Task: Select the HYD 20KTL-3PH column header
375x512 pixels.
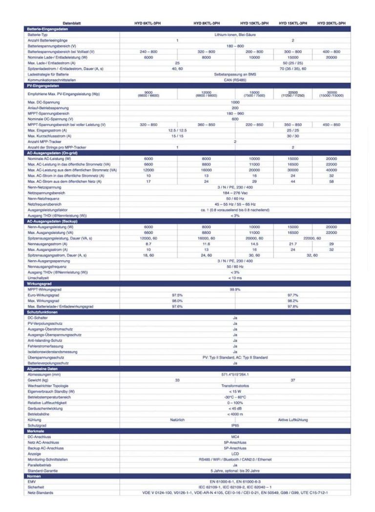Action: [332, 23]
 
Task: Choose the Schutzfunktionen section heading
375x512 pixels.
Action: [43, 312]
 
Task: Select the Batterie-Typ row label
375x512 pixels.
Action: [38, 35]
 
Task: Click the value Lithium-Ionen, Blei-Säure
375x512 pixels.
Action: [235, 35]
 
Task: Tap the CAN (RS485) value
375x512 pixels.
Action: [235, 80]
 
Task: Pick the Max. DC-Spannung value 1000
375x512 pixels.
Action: [235, 102]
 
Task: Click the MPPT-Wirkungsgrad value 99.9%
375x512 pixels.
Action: [235, 289]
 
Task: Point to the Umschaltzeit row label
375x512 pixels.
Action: [38, 278]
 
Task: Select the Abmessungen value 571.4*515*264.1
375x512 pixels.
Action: [235, 374]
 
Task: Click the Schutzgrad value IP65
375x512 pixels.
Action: [235, 425]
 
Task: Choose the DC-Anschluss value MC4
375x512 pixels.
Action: [235, 436]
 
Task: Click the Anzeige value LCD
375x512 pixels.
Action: [235, 454]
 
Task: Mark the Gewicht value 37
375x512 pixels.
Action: [293, 380]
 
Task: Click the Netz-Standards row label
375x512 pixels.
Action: [41, 492]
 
